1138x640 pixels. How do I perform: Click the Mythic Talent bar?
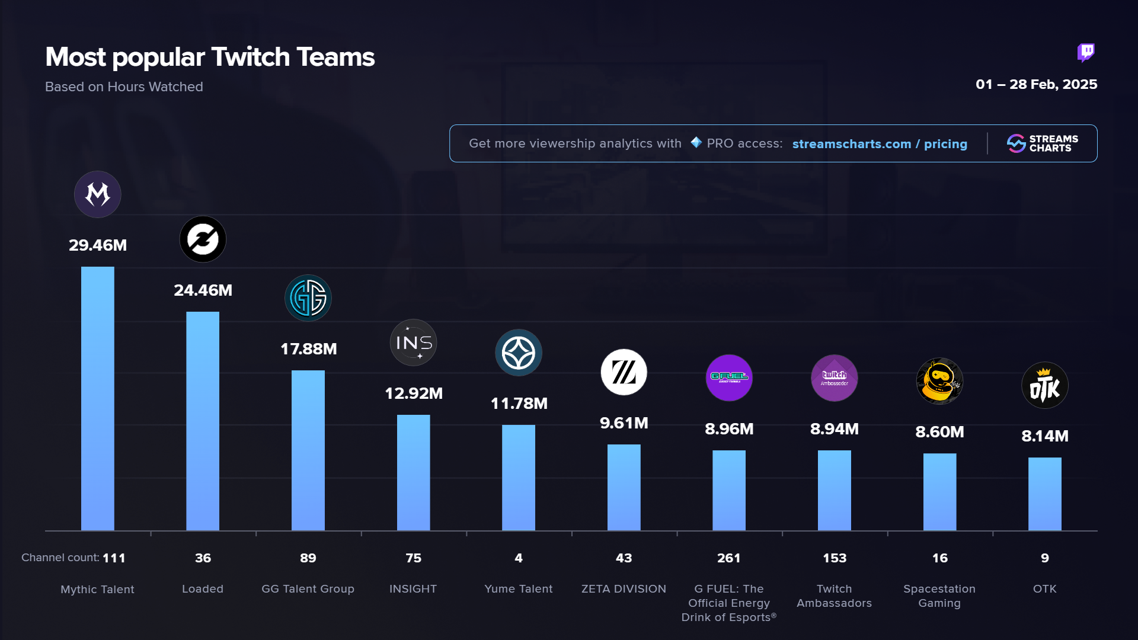click(97, 398)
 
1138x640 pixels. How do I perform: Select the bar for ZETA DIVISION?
click(624, 487)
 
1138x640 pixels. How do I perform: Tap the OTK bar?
click(1044, 494)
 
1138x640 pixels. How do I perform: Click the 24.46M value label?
click(203, 290)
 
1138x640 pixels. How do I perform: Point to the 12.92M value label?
click(414, 393)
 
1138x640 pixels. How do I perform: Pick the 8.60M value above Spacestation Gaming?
click(939, 432)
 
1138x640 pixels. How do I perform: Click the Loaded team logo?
click(203, 239)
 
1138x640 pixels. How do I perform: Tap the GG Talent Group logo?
click(308, 298)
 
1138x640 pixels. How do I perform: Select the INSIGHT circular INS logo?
click(413, 343)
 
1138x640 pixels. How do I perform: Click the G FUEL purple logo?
click(729, 377)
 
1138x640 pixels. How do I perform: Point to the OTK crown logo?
click(1044, 386)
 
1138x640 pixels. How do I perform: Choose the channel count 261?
click(729, 558)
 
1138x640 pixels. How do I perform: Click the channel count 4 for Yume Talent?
click(519, 558)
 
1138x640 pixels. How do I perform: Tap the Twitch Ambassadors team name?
click(834, 596)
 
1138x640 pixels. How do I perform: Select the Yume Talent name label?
click(519, 589)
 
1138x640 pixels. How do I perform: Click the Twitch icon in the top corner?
click(1086, 53)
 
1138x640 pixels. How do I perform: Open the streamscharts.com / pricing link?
click(880, 144)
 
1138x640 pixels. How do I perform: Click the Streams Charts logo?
click(1043, 143)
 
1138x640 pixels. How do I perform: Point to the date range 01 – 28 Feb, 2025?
click(1036, 85)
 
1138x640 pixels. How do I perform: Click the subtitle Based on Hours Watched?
click(124, 87)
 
